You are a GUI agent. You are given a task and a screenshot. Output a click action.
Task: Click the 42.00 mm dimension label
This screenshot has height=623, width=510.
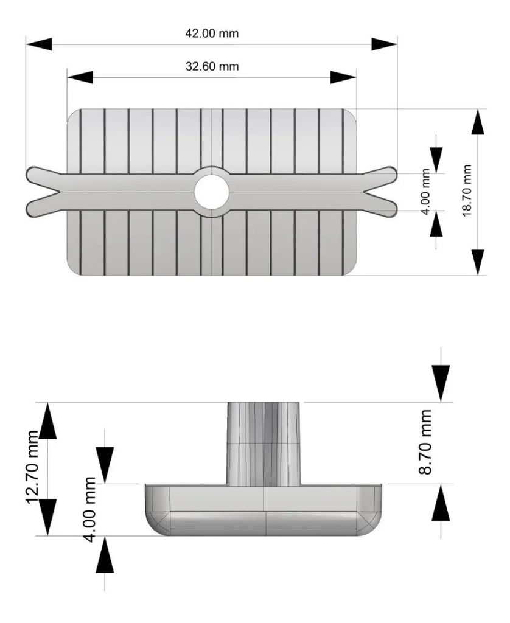(x=212, y=34)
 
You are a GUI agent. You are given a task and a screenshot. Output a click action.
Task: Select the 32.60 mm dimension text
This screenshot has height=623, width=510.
(x=212, y=66)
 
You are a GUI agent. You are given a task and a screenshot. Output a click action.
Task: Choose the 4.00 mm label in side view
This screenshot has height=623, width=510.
(x=91, y=511)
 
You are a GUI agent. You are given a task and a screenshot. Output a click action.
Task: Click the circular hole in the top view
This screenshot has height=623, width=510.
(x=211, y=192)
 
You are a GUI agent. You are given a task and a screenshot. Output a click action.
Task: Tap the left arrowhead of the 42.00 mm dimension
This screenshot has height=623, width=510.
(x=38, y=44)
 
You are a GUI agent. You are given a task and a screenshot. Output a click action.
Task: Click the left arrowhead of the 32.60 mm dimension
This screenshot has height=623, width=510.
(x=80, y=77)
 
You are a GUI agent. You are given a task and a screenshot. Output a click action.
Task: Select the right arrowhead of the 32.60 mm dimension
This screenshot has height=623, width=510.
(x=343, y=77)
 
